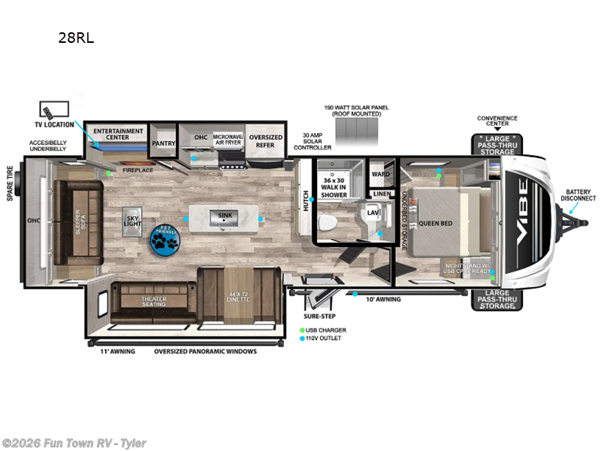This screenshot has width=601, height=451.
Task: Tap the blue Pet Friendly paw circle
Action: [164, 238]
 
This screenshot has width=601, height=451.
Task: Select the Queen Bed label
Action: [434, 222]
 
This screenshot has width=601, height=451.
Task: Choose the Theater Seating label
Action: [154, 301]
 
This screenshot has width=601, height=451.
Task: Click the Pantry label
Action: [163, 143]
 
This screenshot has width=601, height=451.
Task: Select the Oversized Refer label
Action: [265, 141]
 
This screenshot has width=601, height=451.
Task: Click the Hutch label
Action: [306, 201]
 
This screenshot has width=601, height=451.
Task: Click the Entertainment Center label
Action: [118, 134]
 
